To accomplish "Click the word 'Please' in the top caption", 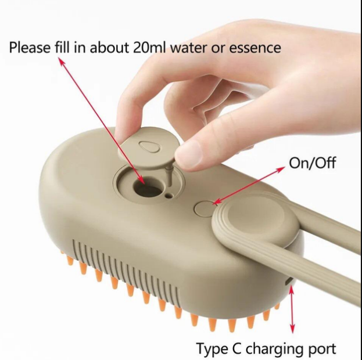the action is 30,48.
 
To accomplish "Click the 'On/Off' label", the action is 312,163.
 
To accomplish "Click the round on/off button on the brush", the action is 204,208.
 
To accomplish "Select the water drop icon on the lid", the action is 149,146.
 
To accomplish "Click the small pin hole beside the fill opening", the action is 169,196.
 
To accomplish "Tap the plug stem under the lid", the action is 170,175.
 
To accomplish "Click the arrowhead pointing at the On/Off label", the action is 281,169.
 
